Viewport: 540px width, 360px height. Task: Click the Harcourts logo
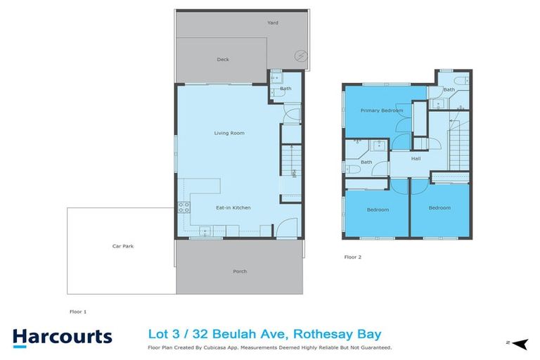61,335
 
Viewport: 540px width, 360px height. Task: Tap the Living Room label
229,132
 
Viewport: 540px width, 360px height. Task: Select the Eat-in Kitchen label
233,207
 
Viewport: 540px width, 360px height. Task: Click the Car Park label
122,246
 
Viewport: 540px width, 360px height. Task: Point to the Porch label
240,271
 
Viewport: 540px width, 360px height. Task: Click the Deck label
222,60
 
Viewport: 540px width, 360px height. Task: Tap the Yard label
272,22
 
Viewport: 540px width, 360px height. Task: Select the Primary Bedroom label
382,110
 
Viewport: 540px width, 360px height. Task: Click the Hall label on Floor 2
416,158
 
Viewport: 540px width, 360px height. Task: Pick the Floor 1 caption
78,311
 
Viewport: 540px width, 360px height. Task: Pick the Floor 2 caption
352,257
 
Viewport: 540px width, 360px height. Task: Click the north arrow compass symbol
519,343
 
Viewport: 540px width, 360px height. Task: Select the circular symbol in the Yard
300,56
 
